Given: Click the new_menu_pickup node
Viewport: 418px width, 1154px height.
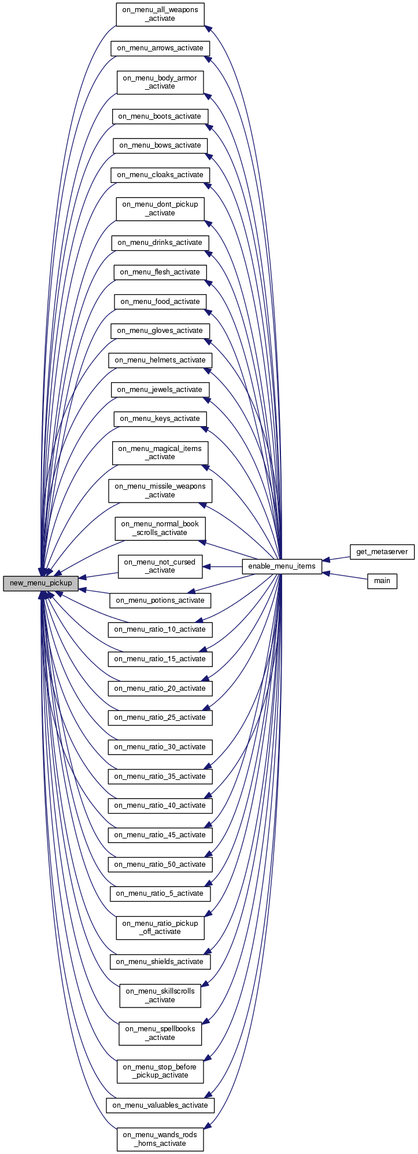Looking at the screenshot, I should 40,583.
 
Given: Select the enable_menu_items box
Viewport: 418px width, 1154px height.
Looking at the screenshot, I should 282,566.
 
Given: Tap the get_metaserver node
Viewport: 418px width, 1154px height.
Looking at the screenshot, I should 382,552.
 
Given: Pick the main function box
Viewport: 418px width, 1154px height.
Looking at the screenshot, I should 382,581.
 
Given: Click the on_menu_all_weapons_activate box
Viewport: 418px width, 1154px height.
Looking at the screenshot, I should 160,14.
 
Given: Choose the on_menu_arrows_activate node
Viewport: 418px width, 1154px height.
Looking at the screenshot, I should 160,48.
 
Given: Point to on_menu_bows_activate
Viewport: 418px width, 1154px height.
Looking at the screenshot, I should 160,145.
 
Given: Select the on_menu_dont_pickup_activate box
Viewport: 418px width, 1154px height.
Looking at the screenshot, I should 160,208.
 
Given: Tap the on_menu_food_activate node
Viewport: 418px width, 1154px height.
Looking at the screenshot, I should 160,302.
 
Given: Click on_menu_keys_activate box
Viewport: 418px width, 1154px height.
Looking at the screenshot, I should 160,419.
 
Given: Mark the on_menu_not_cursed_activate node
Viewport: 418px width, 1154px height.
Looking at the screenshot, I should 160,566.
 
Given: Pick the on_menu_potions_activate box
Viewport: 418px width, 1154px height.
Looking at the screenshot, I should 160,600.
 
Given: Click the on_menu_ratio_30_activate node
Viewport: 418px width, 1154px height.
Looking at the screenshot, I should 160,747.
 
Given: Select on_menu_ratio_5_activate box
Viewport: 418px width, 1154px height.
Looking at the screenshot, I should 160,893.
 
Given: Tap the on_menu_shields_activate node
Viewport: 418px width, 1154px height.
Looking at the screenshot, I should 160,962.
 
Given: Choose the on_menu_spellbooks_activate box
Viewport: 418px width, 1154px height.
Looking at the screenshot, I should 160,1033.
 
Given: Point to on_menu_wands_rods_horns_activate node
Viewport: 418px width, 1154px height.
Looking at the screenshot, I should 160,1139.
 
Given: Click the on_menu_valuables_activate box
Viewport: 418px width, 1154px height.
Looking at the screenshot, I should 160,1105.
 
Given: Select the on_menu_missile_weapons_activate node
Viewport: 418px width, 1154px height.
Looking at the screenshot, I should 160,490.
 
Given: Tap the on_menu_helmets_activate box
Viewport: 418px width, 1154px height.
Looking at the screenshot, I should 160,360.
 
